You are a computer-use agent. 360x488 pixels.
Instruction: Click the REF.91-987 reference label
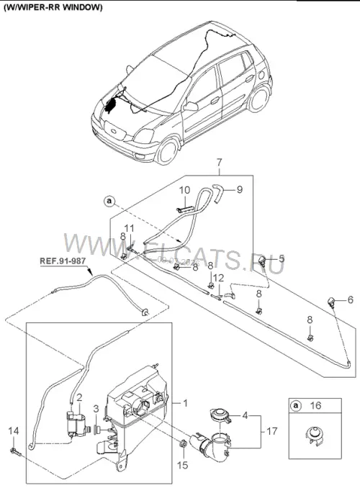(63, 261)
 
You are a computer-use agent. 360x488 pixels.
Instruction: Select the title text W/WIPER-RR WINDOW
(53, 8)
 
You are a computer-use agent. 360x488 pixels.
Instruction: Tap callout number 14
(14, 431)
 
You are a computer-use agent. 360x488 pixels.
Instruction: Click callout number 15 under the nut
(183, 465)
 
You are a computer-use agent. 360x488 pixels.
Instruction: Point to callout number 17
(272, 431)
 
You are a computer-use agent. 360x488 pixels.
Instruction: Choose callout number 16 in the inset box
(315, 405)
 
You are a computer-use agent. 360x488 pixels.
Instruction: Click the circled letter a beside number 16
(296, 405)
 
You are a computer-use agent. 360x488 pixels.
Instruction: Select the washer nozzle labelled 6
(330, 302)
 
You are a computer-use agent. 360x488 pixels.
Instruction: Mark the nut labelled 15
(183, 443)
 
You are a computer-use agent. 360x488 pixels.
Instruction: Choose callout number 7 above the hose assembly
(219, 163)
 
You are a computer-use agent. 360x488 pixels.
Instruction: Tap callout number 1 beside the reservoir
(186, 403)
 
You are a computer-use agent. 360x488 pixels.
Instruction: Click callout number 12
(219, 279)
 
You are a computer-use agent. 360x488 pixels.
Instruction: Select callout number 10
(184, 190)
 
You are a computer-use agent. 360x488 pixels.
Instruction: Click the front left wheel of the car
(167, 151)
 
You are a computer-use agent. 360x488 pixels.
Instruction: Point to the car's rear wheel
(259, 97)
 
